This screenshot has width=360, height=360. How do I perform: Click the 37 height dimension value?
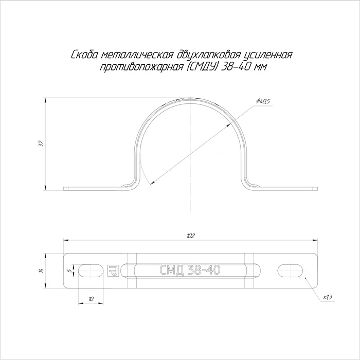(x=41, y=143)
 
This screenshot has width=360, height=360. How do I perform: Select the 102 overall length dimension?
(x=191, y=236)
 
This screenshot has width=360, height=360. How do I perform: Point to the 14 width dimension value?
(x=41, y=271)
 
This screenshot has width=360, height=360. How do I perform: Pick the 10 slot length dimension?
(x=91, y=299)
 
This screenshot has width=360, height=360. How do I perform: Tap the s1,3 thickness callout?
(x=328, y=297)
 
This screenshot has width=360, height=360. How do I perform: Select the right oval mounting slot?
(x=291, y=271)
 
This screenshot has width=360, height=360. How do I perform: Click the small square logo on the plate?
(x=113, y=271)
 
